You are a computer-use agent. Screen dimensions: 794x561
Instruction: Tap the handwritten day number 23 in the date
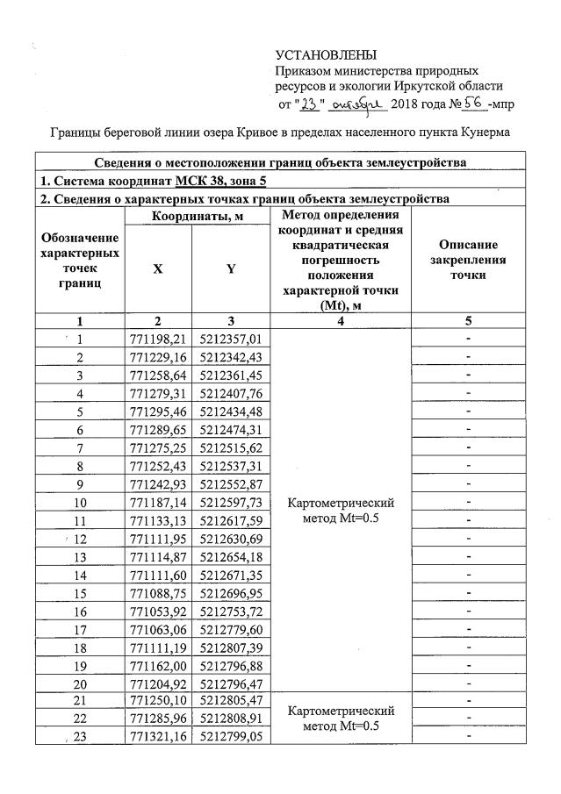[310, 104]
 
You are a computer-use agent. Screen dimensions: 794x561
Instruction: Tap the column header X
[157, 268]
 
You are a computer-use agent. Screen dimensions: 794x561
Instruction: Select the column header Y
[231, 268]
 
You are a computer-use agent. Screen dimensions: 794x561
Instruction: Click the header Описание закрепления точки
[469, 260]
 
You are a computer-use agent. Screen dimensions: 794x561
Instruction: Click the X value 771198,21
[157, 339]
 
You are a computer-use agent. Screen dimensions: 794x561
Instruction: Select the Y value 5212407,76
[231, 393]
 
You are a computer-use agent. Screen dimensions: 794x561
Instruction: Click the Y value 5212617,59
[231, 520]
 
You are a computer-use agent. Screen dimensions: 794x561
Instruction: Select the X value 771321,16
[157, 738]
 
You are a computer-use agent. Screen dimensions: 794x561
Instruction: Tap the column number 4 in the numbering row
[342, 321]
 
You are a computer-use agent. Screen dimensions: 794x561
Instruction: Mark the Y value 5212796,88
[231, 666]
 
